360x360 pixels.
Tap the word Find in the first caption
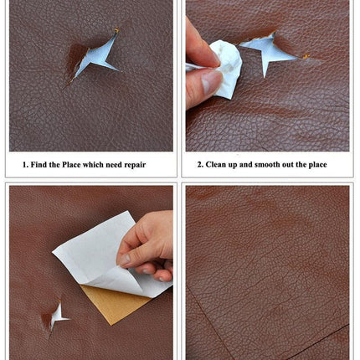click(41, 165)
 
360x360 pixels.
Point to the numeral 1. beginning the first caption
click(25, 165)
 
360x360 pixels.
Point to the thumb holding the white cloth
click(206, 83)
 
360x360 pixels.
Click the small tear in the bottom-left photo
click(57, 316)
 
